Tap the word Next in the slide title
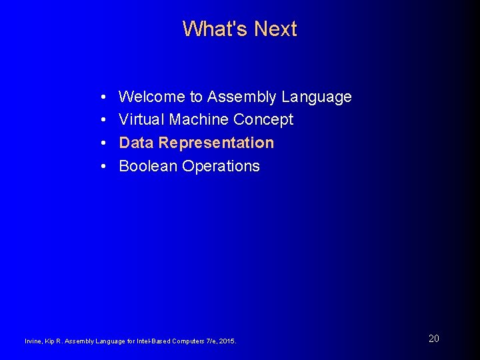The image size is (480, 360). tap(275, 29)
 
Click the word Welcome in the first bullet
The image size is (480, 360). tap(152, 97)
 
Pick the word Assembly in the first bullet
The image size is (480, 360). tap(241, 97)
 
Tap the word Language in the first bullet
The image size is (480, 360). tap(316, 97)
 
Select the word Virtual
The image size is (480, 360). tap(141, 120)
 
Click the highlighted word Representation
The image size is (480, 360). tap(216, 143)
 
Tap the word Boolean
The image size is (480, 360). tap(148, 166)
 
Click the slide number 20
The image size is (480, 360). tap(434, 339)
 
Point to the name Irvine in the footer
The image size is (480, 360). tap(32, 341)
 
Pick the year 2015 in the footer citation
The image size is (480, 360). tap(227, 341)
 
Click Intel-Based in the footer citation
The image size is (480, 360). tap(153, 341)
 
